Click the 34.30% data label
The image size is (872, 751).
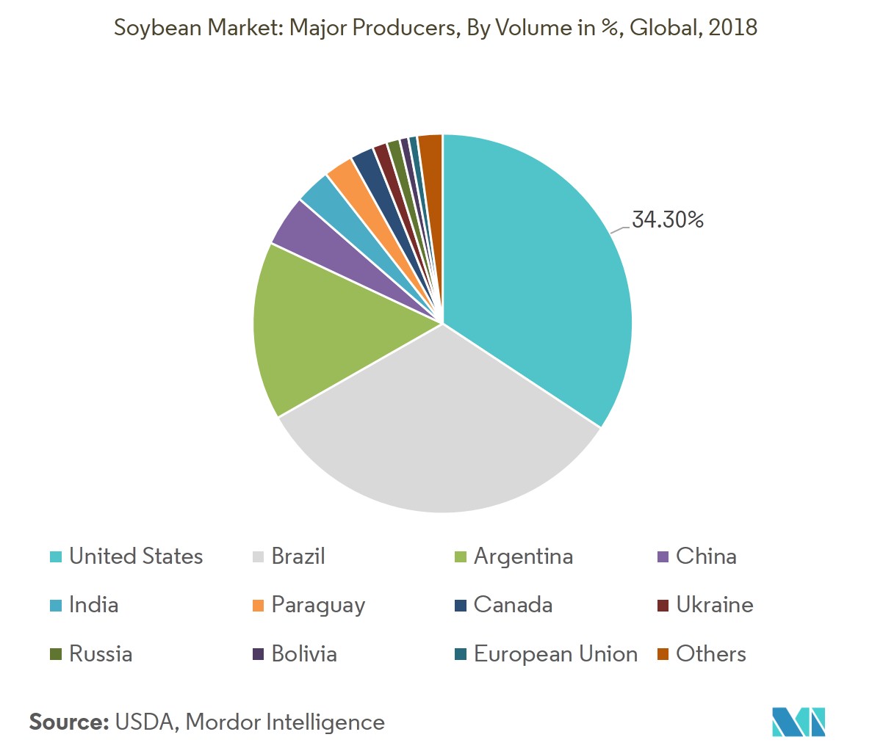[x=668, y=220]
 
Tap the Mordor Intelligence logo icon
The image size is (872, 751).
[x=799, y=722]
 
